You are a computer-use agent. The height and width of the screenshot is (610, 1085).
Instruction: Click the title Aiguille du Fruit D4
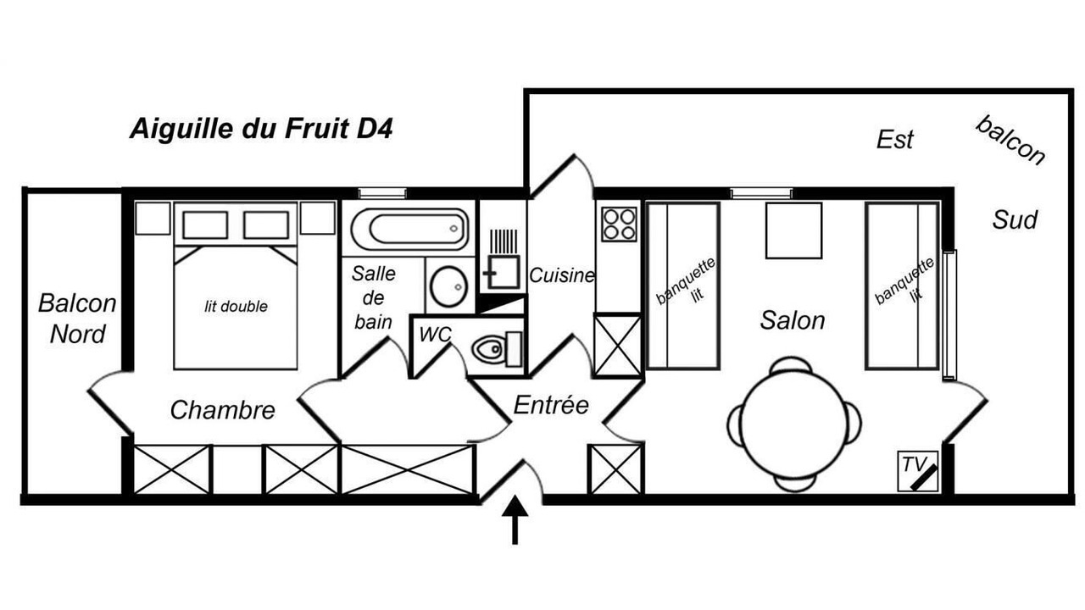[x=261, y=129]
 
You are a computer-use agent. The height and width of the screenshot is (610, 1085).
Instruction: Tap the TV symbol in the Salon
[x=918, y=471]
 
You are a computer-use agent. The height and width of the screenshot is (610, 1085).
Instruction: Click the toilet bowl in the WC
[x=489, y=348]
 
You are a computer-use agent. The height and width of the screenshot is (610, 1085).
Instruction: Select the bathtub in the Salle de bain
[x=409, y=229]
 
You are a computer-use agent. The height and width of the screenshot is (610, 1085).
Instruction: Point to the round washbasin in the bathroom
[x=449, y=286]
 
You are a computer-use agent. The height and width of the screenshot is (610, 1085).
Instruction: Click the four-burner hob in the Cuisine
[x=619, y=225]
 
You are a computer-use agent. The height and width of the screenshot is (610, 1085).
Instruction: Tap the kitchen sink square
[x=504, y=273]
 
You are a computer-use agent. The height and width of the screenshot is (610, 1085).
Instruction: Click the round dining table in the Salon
[x=794, y=424]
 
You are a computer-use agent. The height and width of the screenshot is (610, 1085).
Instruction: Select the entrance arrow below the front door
[x=515, y=519]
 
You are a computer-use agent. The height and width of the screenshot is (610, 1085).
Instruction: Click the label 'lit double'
[x=236, y=307]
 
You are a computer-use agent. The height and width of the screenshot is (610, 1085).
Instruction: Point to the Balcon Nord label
[x=77, y=319]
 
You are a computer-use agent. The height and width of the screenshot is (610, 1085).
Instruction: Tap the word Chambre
[x=222, y=410]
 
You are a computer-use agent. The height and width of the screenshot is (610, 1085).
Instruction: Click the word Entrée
[x=551, y=405]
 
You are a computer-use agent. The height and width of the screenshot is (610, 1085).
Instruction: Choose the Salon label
[x=793, y=320]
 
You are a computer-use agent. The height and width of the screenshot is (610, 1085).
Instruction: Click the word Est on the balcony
[x=894, y=140]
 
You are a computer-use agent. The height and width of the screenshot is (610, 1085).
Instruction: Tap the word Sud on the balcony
[x=1015, y=220]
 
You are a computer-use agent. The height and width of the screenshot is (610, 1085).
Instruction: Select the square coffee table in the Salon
[x=794, y=230]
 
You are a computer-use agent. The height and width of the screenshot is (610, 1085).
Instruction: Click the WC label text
[x=435, y=334]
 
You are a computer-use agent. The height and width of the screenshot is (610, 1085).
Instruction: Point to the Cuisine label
[x=562, y=275]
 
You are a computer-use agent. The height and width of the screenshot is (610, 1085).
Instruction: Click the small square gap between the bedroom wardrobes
[x=237, y=469]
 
